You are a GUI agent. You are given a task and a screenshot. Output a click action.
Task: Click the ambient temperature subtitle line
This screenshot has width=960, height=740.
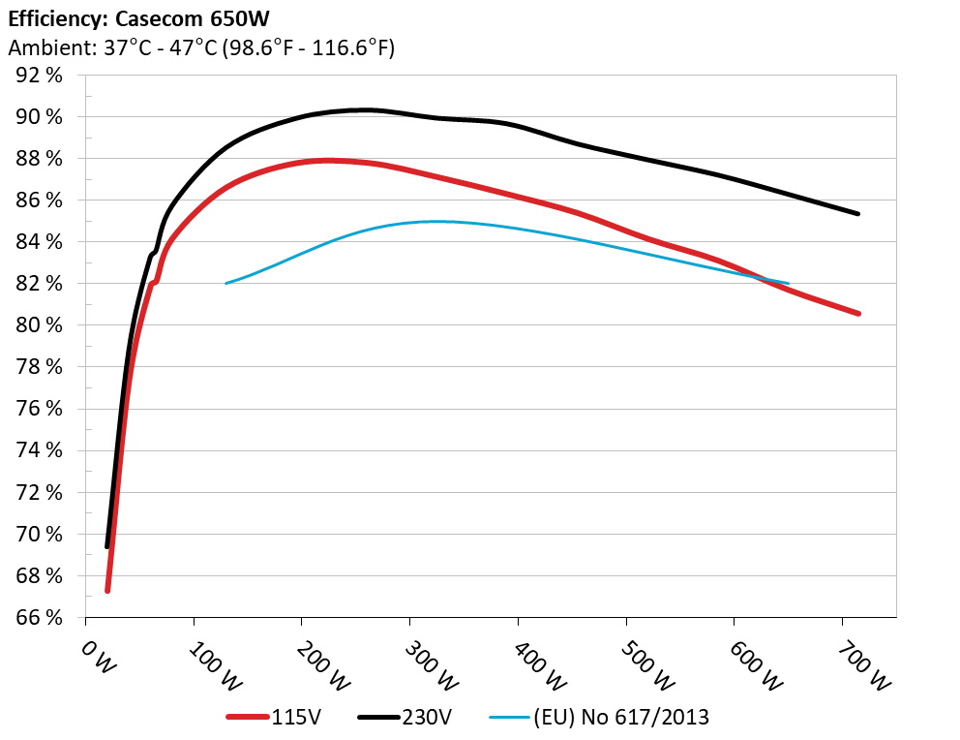(x=200, y=46)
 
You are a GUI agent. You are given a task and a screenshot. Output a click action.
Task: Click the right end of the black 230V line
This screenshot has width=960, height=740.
(x=857, y=213)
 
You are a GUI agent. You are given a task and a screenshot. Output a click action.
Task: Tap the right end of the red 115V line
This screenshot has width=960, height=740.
(x=857, y=313)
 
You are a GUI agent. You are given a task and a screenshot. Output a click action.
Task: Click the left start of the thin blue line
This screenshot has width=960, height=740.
(x=225, y=283)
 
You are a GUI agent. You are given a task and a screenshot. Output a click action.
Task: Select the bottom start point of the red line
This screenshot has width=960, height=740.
(x=107, y=590)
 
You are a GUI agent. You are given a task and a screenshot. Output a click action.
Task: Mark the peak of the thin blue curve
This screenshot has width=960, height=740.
(x=435, y=221)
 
